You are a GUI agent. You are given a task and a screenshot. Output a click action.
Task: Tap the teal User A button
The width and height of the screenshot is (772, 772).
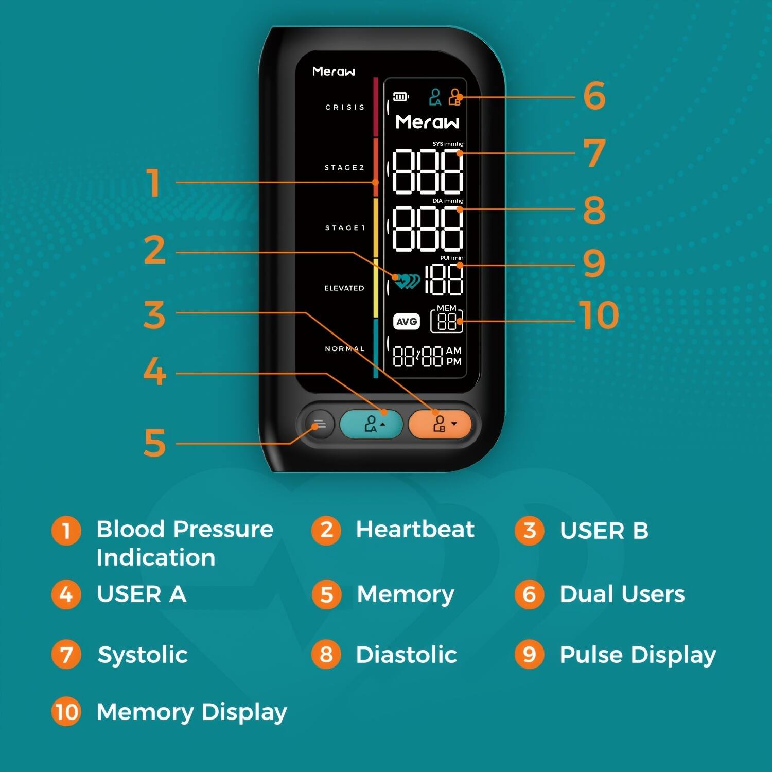pyautogui.click(x=371, y=424)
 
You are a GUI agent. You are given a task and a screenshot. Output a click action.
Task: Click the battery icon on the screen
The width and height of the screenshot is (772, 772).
pyautogui.click(x=401, y=97)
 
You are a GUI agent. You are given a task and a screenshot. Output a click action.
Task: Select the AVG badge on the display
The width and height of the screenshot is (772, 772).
pyautogui.click(x=407, y=322)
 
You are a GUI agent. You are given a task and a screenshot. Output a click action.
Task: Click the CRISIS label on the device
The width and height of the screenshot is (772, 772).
pyautogui.click(x=345, y=107)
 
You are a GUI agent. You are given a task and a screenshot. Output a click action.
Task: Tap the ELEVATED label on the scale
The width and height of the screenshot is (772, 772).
pyautogui.click(x=344, y=288)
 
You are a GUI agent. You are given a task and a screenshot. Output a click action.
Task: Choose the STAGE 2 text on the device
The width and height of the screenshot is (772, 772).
pyautogui.click(x=344, y=167)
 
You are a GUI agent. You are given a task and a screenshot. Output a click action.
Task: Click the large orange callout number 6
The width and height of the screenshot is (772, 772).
pyautogui.click(x=594, y=96)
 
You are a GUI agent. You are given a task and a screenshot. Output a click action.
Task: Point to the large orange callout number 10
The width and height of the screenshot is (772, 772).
pyautogui.click(x=599, y=315)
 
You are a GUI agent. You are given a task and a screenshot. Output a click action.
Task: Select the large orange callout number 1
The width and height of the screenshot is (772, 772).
pyautogui.click(x=153, y=183)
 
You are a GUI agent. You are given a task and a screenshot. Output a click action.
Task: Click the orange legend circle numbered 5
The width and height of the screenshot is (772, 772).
pyautogui.click(x=326, y=594)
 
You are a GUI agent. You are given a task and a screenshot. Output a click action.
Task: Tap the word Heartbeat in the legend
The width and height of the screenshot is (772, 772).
pyautogui.click(x=415, y=530)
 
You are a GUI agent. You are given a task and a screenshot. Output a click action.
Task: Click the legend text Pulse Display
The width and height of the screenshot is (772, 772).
pyautogui.click(x=637, y=655)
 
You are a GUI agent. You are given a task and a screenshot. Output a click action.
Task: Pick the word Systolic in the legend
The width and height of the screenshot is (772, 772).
pyautogui.click(x=143, y=655)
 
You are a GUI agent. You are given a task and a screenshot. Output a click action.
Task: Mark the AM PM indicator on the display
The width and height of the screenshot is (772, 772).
pyautogui.click(x=453, y=356)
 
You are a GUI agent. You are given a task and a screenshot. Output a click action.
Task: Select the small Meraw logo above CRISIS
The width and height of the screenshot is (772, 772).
pyautogui.click(x=334, y=72)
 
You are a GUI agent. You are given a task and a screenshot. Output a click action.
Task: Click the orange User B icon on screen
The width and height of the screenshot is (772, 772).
pyautogui.click(x=454, y=97)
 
